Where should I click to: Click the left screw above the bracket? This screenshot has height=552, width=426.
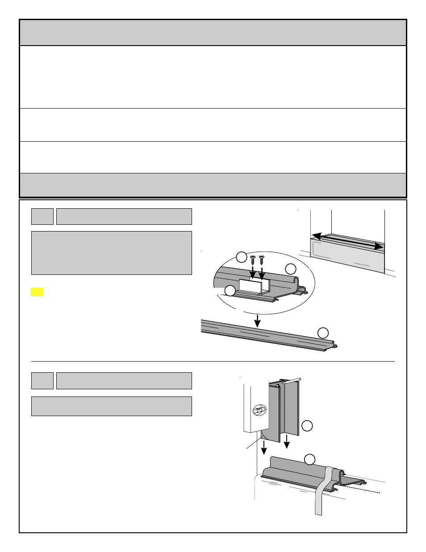(253, 259)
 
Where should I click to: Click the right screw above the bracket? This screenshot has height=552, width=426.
(262, 259)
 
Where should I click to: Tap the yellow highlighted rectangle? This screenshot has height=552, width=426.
(37, 292)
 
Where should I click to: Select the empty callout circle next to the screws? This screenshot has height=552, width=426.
(241, 257)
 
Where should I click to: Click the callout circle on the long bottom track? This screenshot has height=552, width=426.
(323, 332)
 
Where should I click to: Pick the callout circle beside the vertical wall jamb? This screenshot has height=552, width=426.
(307, 426)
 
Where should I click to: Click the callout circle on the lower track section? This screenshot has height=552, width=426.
(309, 459)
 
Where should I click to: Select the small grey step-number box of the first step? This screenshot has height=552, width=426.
(42, 216)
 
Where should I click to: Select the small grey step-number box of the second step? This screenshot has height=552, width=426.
(42, 381)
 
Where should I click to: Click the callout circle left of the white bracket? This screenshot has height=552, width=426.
(230, 290)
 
